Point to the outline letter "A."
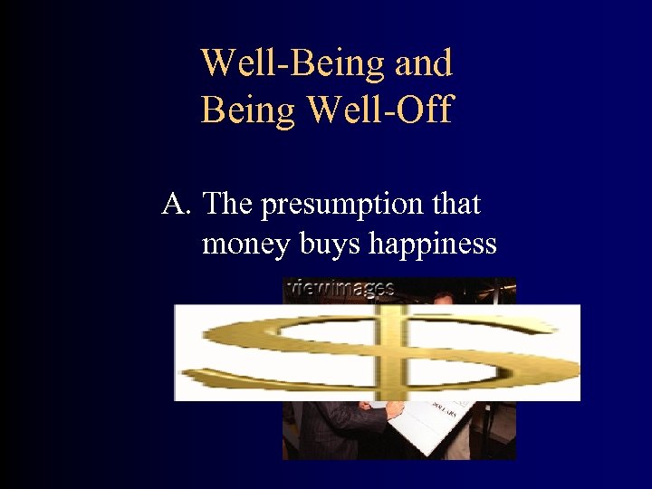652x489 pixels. [177, 205]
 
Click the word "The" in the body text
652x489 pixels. [228, 205]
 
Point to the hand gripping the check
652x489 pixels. [394, 410]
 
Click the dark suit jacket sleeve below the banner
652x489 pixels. [335, 426]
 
